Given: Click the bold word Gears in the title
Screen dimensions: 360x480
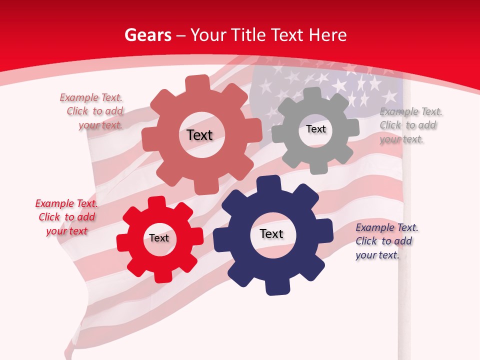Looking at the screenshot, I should [x=148, y=35].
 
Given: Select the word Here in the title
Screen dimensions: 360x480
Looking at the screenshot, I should [x=327, y=35].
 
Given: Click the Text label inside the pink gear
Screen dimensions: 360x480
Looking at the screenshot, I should [x=199, y=135].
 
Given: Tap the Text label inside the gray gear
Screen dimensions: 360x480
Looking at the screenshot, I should [x=315, y=129].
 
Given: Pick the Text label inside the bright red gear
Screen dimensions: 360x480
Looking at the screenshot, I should [x=159, y=238].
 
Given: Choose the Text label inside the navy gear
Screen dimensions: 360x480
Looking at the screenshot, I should [x=271, y=234].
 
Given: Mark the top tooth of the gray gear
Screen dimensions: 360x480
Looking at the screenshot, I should [x=312, y=93].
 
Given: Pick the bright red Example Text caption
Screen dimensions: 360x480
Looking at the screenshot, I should [x=66, y=217].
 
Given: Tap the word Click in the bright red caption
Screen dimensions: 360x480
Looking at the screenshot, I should [x=49, y=217].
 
